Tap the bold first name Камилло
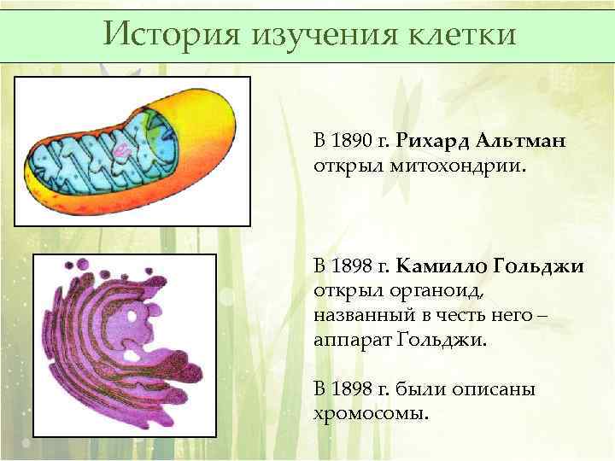coord(442,267)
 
